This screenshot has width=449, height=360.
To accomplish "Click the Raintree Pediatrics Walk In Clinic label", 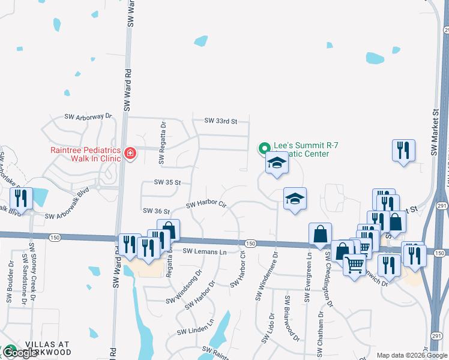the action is point(84,154).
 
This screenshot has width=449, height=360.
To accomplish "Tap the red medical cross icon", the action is point(129,155).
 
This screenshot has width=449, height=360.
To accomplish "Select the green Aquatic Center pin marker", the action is point(264,148).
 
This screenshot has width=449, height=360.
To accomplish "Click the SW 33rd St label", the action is point(221,121).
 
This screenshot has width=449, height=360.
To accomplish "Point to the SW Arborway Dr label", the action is point(89,116).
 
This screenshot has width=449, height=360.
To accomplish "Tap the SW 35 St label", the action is point(167,182).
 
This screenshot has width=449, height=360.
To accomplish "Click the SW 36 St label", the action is point(157,211).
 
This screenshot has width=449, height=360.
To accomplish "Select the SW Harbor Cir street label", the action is point(206,205).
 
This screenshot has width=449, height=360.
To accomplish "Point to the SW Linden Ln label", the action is point(196,328).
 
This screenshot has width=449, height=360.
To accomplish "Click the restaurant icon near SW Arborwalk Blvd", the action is point(22,197).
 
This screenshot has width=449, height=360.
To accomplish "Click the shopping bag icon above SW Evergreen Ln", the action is point(321,234).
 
